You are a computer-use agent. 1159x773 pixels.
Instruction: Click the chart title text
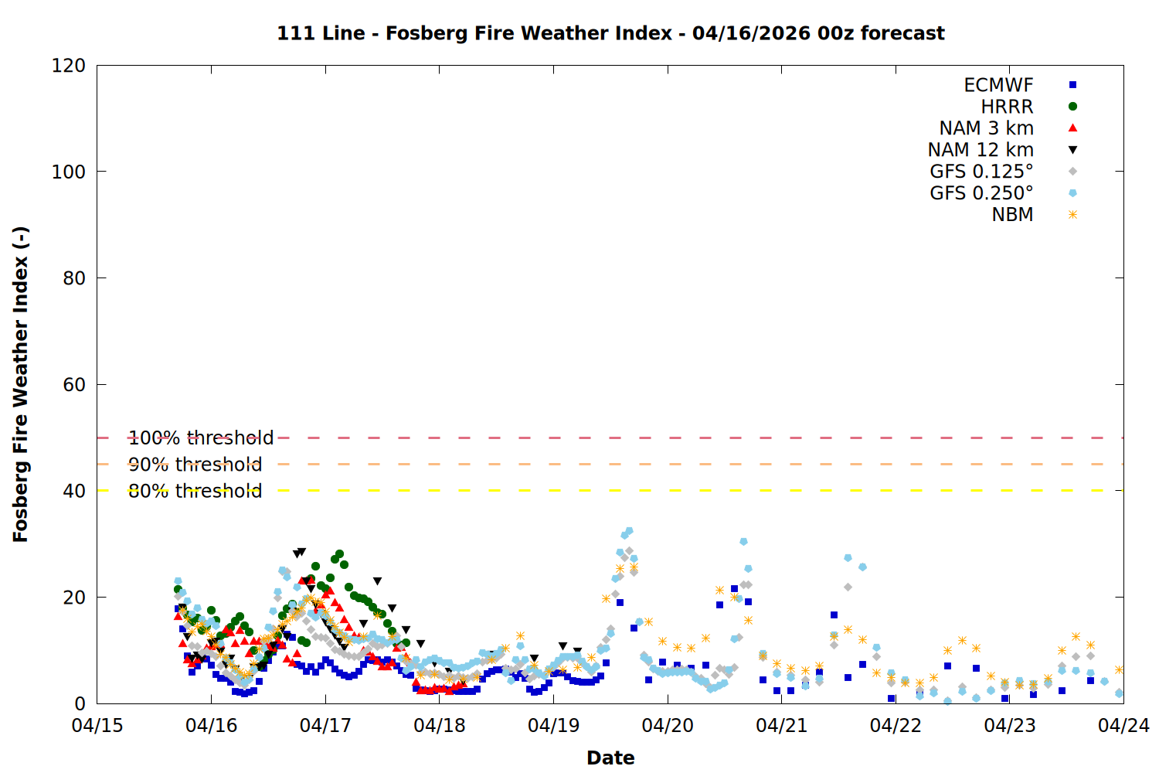pos(610,33)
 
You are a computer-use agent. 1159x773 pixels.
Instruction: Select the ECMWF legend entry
pos(998,85)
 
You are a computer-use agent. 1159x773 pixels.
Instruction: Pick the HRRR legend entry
pos(1007,107)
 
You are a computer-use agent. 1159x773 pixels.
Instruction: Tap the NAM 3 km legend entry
pos(986,128)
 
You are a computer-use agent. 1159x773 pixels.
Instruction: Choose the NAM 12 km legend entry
pos(981,150)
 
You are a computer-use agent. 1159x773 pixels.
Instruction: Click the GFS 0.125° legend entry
pos(981,172)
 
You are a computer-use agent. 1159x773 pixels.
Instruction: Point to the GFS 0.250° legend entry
pos(981,193)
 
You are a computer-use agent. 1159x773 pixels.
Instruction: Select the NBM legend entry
pos(1012,215)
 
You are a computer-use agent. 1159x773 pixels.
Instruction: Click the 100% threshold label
pos(201,438)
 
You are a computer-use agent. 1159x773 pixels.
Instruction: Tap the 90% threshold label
pos(195,465)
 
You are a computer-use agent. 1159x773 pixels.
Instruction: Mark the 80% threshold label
pos(195,491)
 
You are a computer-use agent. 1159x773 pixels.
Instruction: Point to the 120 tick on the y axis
pos(69,66)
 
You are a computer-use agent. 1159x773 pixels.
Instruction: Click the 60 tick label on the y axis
pos(74,385)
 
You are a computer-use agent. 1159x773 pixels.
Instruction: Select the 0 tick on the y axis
pos(80,703)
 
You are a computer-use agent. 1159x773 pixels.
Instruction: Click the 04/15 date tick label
pos(97,726)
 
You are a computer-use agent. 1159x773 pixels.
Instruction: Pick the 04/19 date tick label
pos(553,726)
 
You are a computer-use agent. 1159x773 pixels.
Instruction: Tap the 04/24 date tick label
pos(1123,726)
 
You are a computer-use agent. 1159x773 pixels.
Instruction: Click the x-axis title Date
pos(610,758)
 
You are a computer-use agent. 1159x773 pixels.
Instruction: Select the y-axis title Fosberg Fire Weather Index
pos(21,384)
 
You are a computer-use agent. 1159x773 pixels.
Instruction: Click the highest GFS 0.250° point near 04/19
pos(629,531)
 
